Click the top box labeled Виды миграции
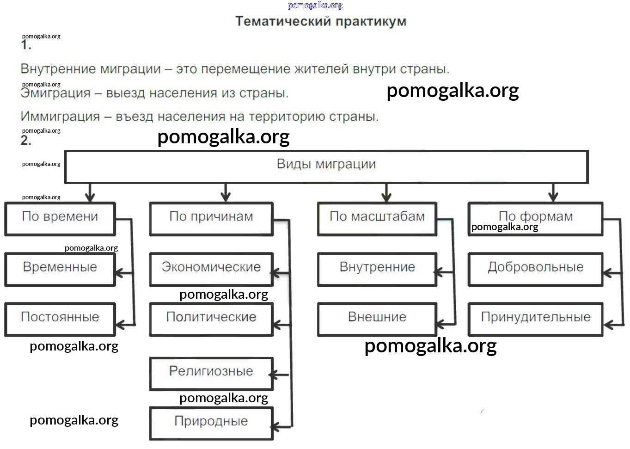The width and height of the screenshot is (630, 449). click(x=326, y=166)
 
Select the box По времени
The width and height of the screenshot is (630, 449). click(x=60, y=219)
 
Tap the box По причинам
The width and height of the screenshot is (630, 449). click(x=211, y=219)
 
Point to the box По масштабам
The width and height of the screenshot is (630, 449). click(x=377, y=219)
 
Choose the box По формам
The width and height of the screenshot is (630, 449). click(x=535, y=218)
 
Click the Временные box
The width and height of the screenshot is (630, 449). click(x=60, y=269)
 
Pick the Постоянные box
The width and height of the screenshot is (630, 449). click(x=60, y=319)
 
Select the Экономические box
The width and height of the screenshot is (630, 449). click(x=211, y=269)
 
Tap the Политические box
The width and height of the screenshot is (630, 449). click(x=211, y=319)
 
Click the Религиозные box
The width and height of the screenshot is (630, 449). click(x=211, y=373)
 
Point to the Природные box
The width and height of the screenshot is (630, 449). click(x=211, y=423)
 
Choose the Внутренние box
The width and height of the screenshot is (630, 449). click(x=377, y=269)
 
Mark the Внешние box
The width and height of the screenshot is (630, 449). click(x=377, y=319)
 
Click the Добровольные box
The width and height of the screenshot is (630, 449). click(x=535, y=269)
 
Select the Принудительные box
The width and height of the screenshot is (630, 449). click(x=535, y=319)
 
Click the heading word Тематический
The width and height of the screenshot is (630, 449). click(x=283, y=22)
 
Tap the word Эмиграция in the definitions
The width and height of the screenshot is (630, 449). click(x=55, y=93)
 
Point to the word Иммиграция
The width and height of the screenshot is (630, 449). click(x=60, y=117)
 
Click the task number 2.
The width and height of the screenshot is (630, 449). click(x=26, y=141)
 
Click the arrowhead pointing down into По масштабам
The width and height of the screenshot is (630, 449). click(x=386, y=197)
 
